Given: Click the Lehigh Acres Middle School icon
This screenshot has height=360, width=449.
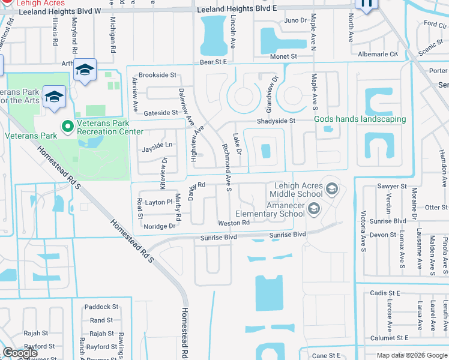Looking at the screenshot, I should tap(331, 190).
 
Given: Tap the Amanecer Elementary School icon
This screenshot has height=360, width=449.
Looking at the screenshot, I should tap(313, 209).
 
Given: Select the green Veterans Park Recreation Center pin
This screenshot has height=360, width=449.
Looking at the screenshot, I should tap(67, 126).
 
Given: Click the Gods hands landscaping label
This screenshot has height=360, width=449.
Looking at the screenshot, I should tap(360, 119).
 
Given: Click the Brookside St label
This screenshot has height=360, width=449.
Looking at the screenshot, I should tap(157, 76).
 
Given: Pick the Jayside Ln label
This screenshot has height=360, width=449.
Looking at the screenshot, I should tap(156, 145).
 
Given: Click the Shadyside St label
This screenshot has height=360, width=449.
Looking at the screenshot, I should tap(276, 121).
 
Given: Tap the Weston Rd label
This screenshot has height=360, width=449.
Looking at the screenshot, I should tap(234, 223).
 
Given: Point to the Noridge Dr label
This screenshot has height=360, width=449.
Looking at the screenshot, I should tap(160, 226).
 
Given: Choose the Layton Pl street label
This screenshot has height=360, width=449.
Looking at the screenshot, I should tap(158, 203).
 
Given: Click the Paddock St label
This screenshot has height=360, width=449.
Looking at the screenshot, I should tap(101, 307).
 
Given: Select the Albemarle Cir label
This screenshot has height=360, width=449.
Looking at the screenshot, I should tap(378, 54).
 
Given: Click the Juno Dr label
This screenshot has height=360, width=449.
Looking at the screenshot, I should tap(295, 20).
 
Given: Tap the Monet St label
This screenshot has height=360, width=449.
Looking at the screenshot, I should tap(283, 56).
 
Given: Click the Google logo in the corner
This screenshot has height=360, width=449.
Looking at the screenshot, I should tap(20, 353).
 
